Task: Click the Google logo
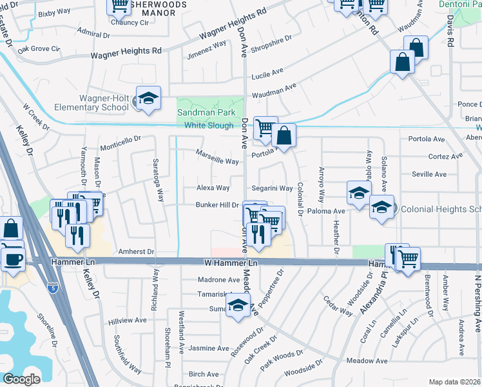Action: click(x=21, y=379)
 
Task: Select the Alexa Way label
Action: click(x=213, y=188)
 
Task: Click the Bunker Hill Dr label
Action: click(x=217, y=205)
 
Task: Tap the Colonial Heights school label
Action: click(x=441, y=209)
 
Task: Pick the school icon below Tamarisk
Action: click(x=238, y=306)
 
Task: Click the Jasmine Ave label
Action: click(x=209, y=348)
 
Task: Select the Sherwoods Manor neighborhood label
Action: click(x=159, y=8)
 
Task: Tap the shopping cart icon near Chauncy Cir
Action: click(x=120, y=5)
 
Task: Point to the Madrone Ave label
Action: click(x=218, y=280)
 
